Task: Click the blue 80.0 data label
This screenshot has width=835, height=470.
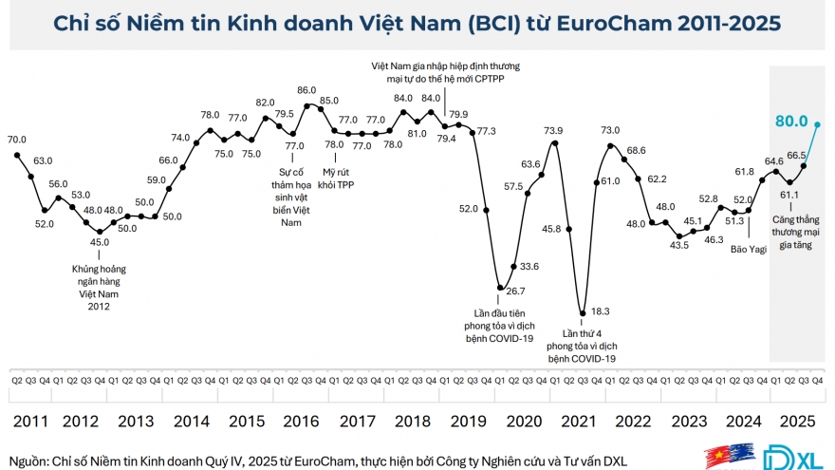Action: pyautogui.click(x=790, y=122)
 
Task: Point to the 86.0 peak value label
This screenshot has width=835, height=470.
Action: pyautogui.click(x=306, y=90)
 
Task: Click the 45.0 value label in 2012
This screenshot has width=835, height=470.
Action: pyautogui.click(x=99, y=241)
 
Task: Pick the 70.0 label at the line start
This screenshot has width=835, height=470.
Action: pyautogui.click(x=16, y=140)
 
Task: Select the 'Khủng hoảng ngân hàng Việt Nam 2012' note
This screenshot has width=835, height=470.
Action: pyautogui.click(x=99, y=288)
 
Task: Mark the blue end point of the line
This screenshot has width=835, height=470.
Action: pyautogui.click(x=818, y=122)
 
